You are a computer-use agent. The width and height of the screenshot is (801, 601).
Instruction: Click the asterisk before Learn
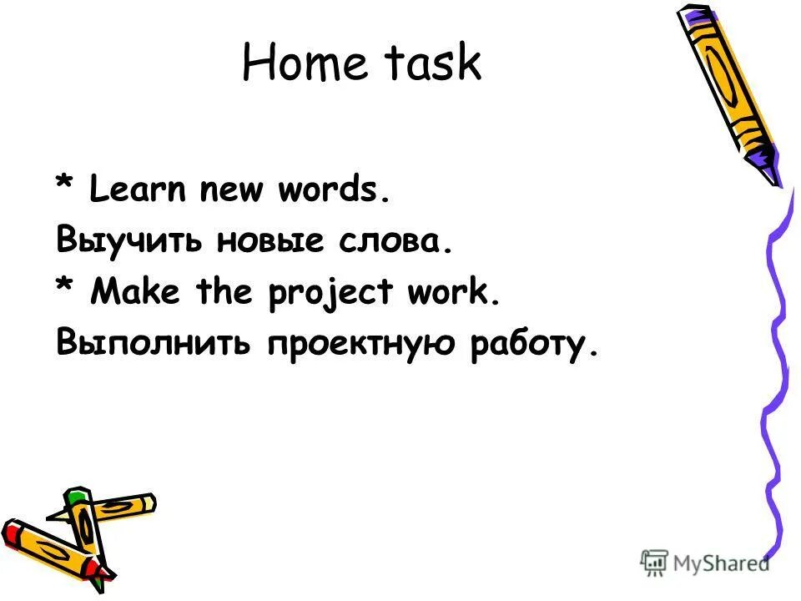pyautogui.click(x=66, y=189)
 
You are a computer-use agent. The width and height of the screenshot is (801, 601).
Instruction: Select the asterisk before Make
pyautogui.click(x=66, y=288)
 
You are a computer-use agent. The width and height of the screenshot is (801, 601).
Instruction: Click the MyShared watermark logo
pyautogui.click(x=705, y=563)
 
